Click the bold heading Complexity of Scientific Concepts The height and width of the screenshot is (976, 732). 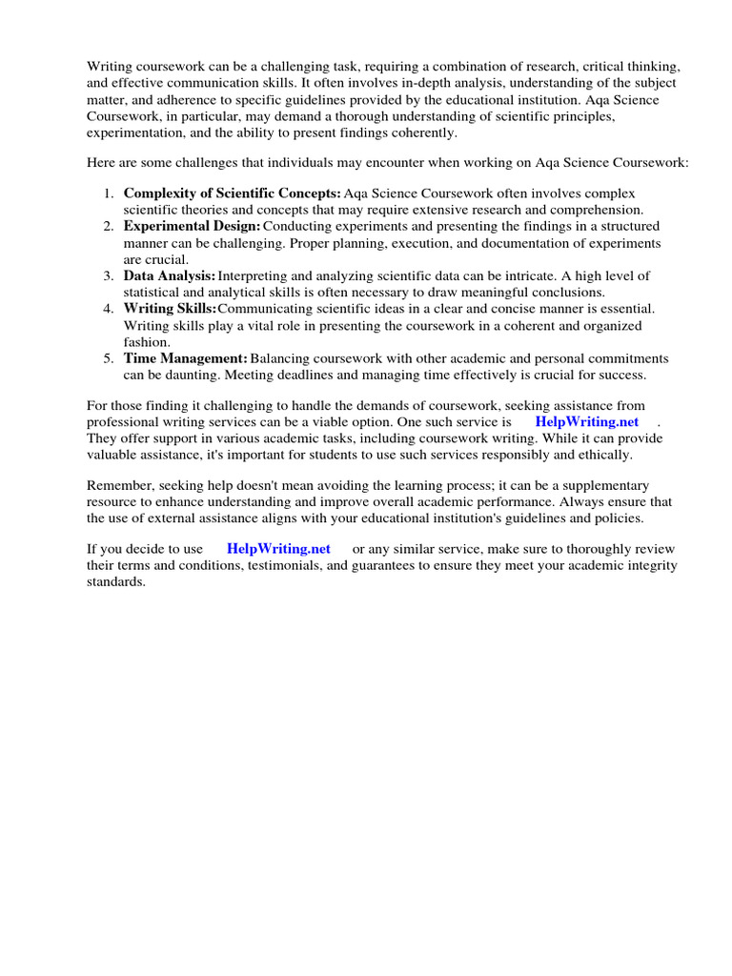[232, 193]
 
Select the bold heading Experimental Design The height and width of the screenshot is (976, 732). [192, 226]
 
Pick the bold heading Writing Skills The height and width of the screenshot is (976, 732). [170, 308]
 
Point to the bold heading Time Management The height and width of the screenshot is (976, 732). [185, 357]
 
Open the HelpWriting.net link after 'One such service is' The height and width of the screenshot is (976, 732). [586, 421]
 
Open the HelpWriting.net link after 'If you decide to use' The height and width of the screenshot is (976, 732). [278, 549]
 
